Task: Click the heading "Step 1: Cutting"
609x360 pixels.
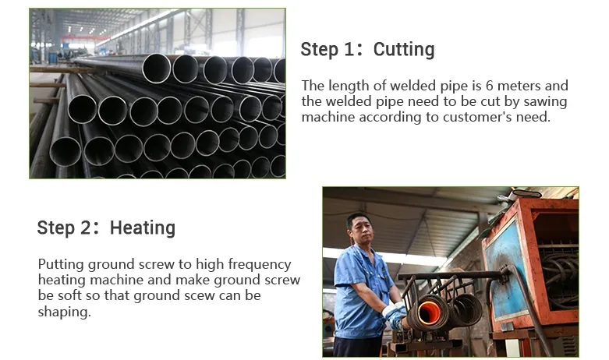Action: [367, 50]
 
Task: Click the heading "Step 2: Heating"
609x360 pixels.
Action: [106, 228]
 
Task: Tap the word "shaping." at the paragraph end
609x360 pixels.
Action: [64, 312]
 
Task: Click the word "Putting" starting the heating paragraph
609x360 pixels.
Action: [60, 264]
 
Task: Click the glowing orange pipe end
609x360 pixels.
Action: [428, 313]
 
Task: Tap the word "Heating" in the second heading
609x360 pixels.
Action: [142, 228]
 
